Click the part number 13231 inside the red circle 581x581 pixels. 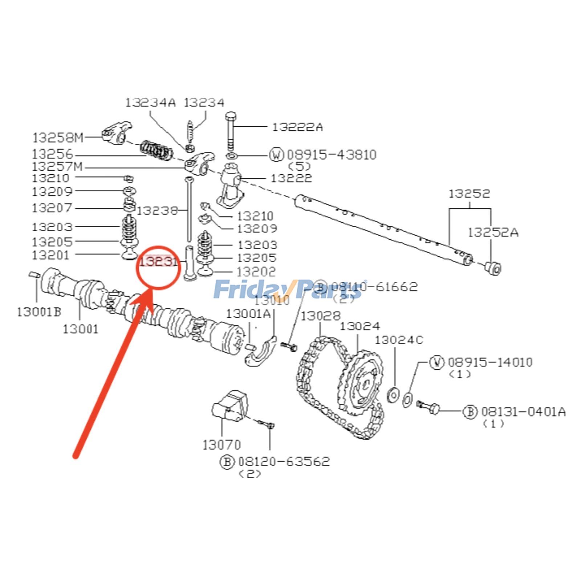coord(158,261)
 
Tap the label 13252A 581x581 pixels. coord(493,232)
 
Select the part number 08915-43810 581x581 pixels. coord(332,155)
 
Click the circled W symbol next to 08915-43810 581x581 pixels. coord(276,155)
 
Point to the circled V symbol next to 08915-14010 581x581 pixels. coord(437,362)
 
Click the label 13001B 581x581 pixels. coord(39,312)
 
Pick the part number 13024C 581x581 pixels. coord(399,340)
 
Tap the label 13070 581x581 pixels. coord(221,445)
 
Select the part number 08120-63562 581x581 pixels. coord(284,462)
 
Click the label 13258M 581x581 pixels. coord(58,138)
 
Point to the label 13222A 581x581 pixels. coord(297,127)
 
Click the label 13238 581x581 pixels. coord(157,211)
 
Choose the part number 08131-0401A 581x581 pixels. coord(523,412)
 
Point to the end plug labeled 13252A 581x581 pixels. coord(493,268)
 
